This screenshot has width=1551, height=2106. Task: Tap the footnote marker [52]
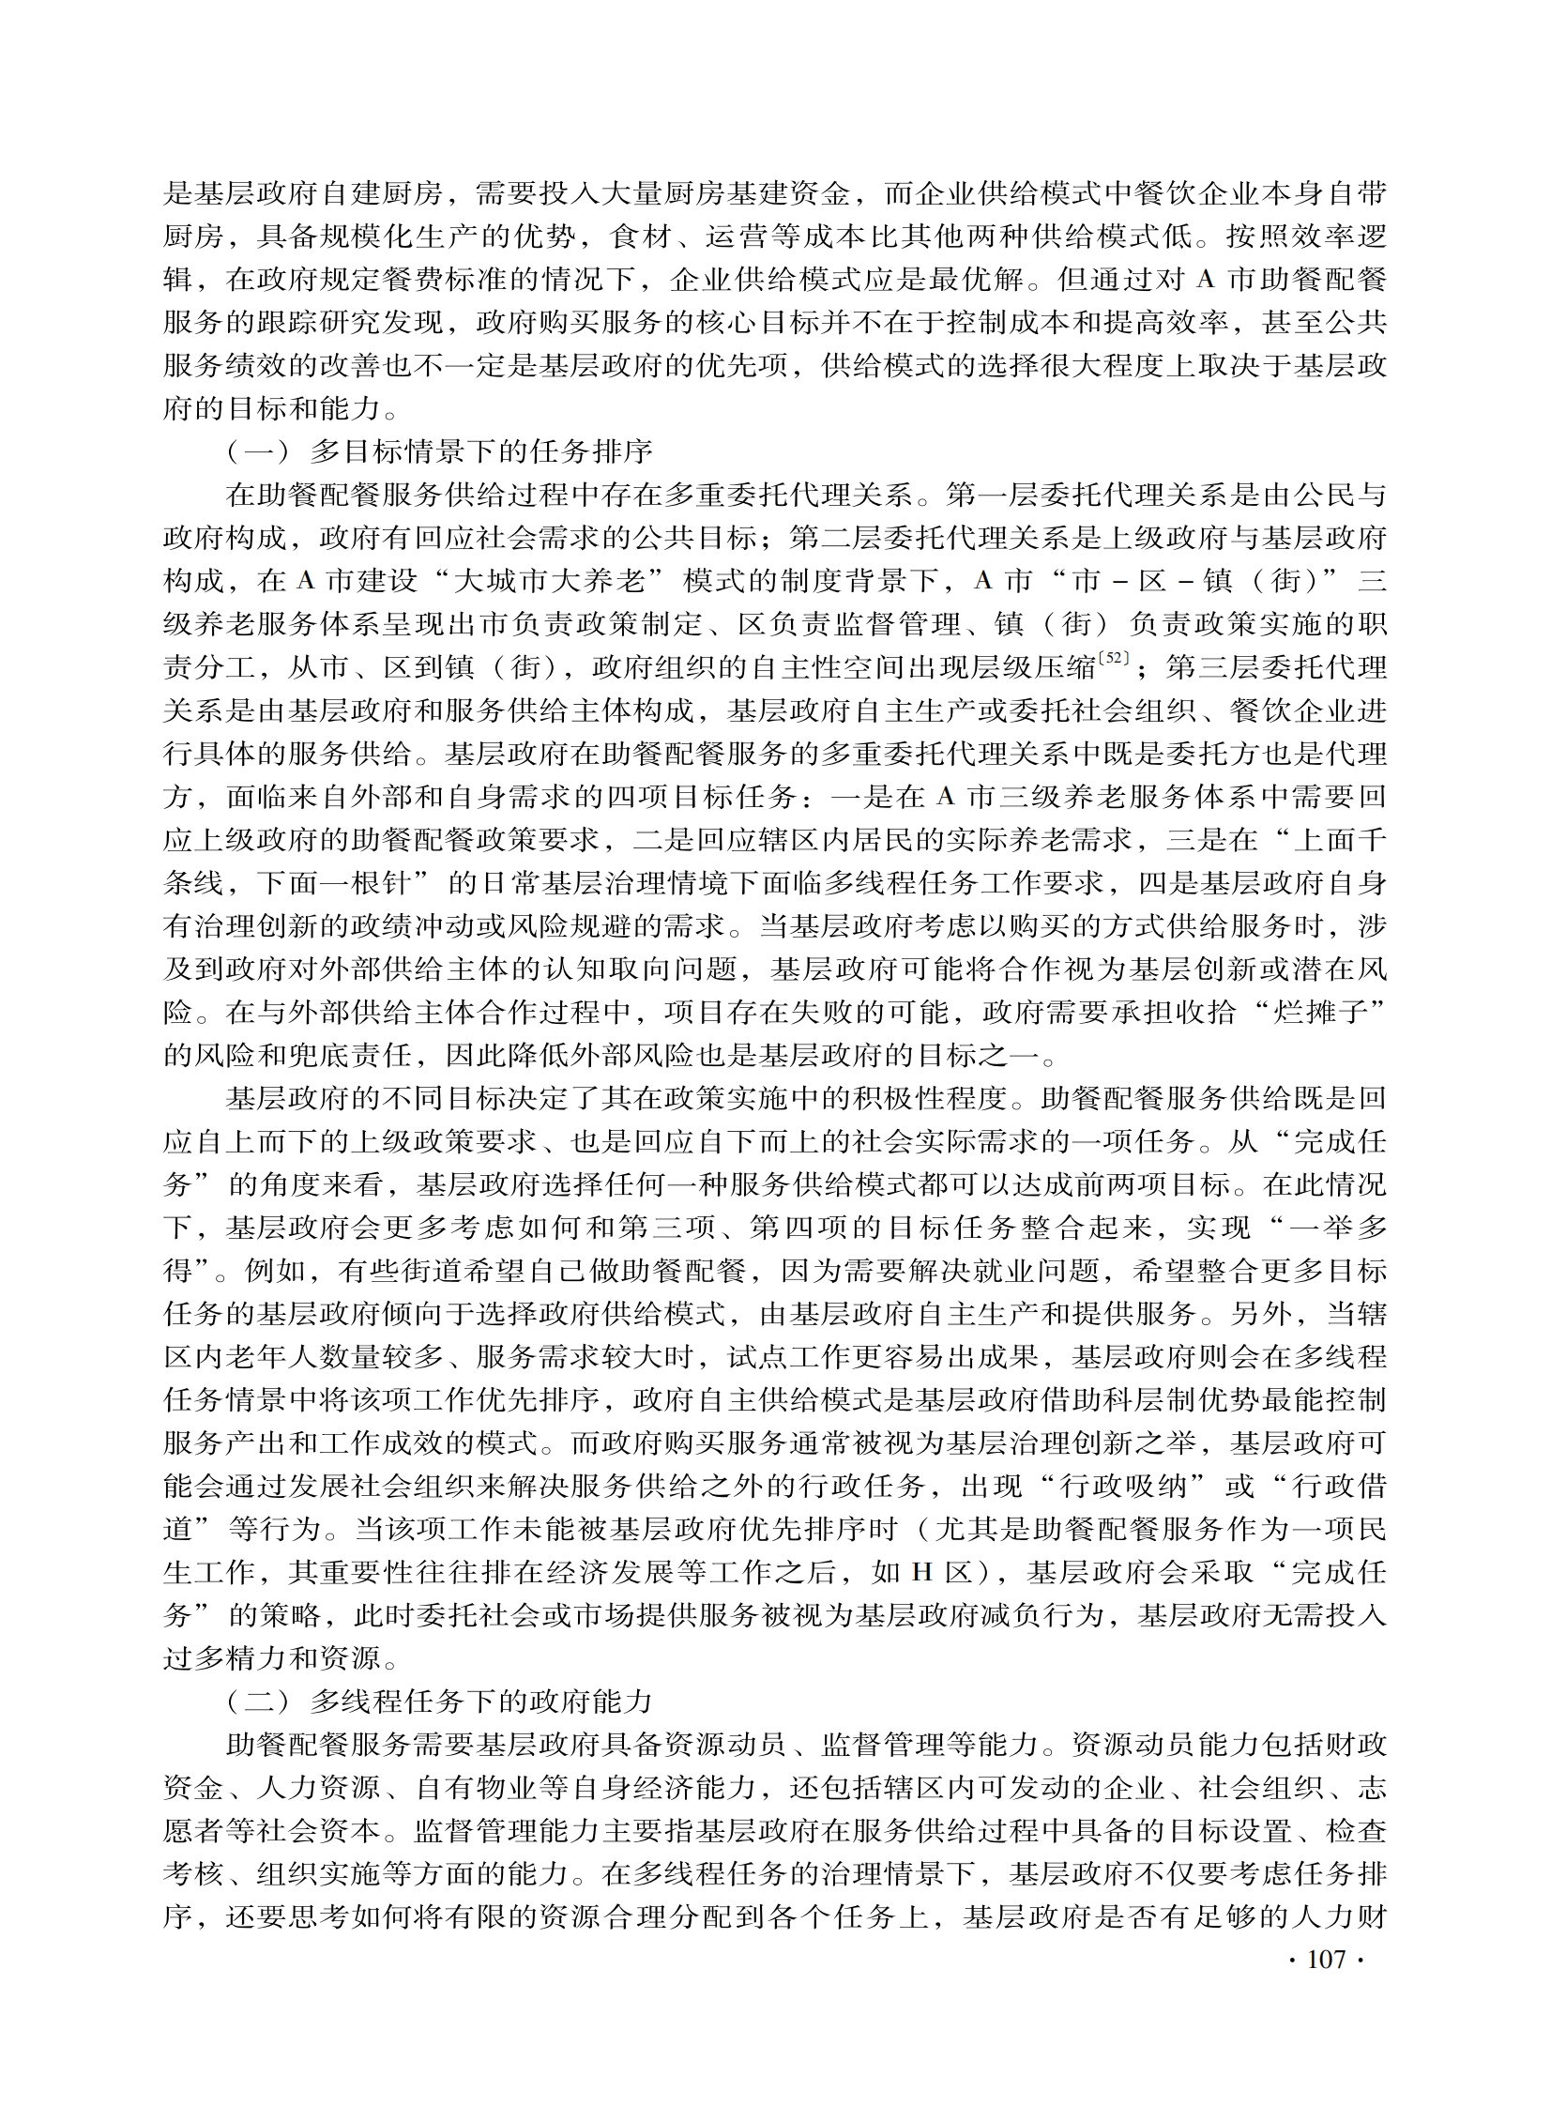coord(1116,661)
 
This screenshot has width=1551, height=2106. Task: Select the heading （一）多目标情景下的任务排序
coord(438,451)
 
